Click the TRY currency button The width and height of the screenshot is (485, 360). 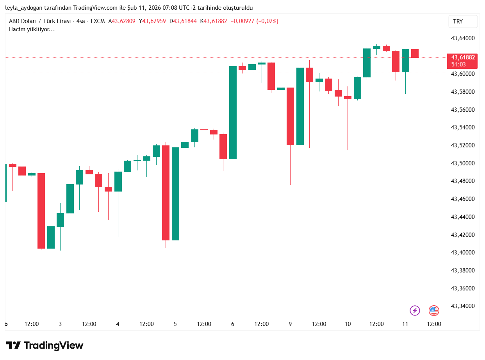tap(463, 21)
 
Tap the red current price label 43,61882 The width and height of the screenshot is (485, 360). tap(462, 57)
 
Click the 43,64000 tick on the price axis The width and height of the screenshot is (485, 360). tap(463, 38)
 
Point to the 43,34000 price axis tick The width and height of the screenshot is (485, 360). tap(463, 306)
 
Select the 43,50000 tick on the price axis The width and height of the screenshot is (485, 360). tap(463, 163)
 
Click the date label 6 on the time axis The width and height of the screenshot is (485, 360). tap(233, 324)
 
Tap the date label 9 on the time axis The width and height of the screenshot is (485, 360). tap(290, 324)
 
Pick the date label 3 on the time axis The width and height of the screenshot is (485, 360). tap(60, 324)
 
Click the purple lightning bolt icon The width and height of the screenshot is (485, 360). tap(415, 311)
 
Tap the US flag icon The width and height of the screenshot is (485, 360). tap(434, 311)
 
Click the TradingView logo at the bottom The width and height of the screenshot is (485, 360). tap(45, 346)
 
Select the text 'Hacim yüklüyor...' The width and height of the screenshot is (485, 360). tap(32, 29)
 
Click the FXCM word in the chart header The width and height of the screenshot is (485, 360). tap(98, 21)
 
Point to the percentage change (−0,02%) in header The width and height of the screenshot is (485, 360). tap(265, 21)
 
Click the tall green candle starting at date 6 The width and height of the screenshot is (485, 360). tap(233, 112)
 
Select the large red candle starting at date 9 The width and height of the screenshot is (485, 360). tap(290, 116)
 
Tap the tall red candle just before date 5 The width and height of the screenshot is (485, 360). tap(166, 193)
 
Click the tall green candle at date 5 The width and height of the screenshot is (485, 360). tap(175, 193)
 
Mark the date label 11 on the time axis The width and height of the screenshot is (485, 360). tap(405, 324)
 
